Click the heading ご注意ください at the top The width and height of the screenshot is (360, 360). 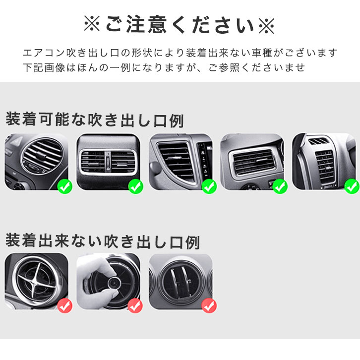[180, 25]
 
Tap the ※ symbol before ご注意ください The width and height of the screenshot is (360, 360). [92, 25]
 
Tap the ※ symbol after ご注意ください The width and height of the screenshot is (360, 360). [267, 25]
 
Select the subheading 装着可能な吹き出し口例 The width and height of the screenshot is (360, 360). [95, 120]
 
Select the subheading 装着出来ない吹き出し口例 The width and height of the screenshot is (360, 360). [103, 241]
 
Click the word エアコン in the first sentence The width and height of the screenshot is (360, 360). [44, 53]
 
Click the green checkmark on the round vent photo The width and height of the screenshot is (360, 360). [65, 186]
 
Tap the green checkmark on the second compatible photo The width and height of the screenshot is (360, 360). [136, 186]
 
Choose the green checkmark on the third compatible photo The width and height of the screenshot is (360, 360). [209, 186]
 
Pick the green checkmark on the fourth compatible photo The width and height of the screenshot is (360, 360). [280, 186]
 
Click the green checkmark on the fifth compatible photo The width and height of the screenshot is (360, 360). [352, 186]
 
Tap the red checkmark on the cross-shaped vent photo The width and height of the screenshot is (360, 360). [65, 306]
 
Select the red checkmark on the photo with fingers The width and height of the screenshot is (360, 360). [135, 306]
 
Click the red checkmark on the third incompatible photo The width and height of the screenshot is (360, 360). [209, 306]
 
